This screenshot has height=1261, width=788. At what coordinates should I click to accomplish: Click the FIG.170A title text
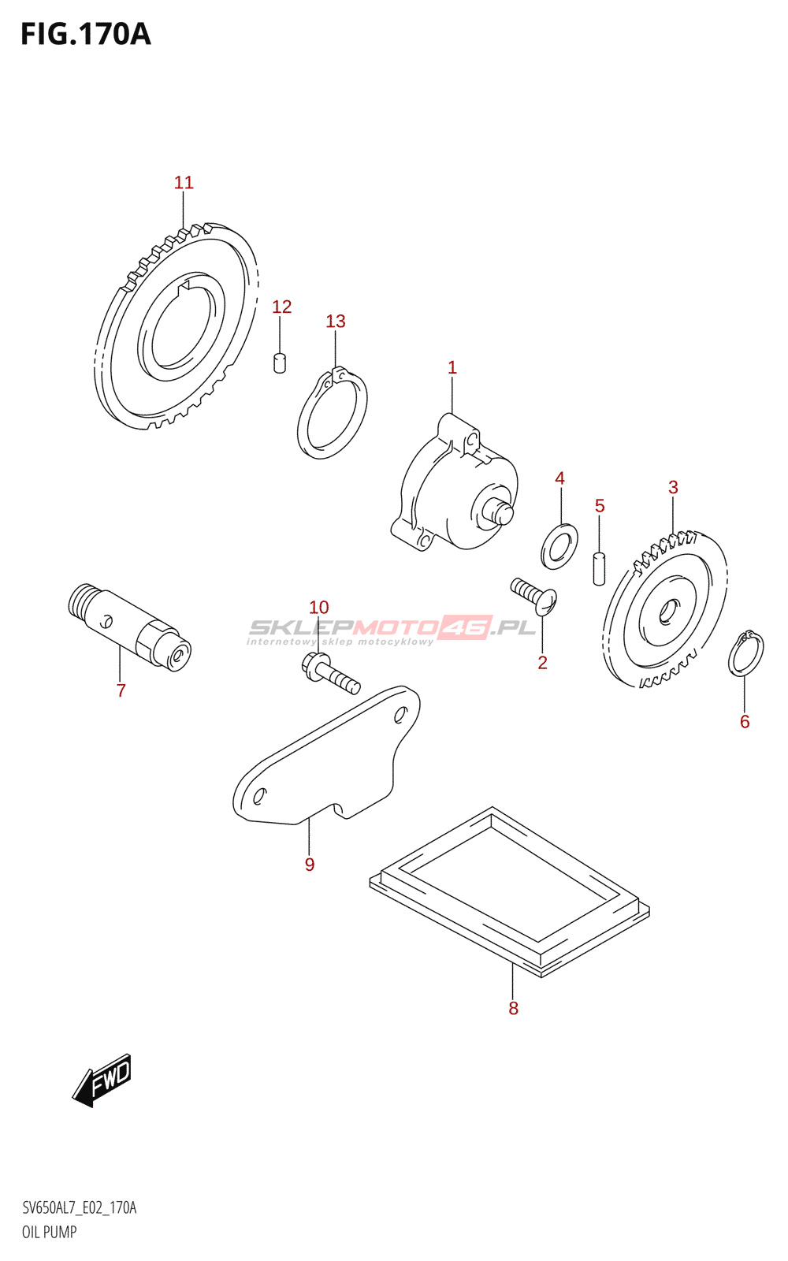pyautogui.click(x=85, y=35)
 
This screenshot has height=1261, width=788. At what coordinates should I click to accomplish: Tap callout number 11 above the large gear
pyautogui.click(x=184, y=183)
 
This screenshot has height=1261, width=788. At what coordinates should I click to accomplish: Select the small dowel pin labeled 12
pyautogui.click(x=279, y=363)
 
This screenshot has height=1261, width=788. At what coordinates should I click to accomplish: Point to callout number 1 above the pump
pyautogui.click(x=452, y=367)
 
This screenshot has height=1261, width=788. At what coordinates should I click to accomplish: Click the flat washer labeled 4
pyautogui.click(x=559, y=544)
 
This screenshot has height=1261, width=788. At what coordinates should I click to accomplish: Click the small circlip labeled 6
pyautogui.click(x=745, y=653)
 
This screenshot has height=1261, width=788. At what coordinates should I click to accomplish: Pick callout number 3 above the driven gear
pyautogui.click(x=673, y=488)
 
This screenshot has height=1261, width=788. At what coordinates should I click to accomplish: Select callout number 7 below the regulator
pyautogui.click(x=121, y=691)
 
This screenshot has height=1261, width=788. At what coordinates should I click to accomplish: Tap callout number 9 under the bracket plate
pyautogui.click(x=310, y=865)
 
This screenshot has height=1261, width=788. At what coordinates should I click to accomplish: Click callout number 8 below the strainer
pyautogui.click(x=513, y=1008)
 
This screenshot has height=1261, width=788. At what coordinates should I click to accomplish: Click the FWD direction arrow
pyautogui.click(x=103, y=1080)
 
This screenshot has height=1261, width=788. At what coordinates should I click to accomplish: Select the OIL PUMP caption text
pyautogui.click(x=49, y=1232)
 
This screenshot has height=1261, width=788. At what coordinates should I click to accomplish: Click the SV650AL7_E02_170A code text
pyautogui.click(x=79, y=1208)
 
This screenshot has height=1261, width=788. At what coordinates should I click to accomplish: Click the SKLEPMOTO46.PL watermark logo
pyautogui.click(x=392, y=629)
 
